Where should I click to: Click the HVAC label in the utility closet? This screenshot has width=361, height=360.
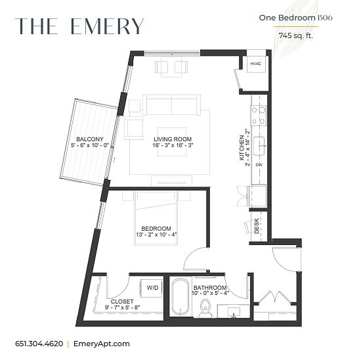[x=256, y=64]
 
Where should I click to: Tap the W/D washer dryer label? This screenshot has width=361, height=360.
[x=153, y=288]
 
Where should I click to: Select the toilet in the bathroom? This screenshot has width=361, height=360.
[x=205, y=307]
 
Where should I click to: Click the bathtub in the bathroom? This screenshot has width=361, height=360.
[x=180, y=297]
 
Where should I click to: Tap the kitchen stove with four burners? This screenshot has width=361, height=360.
[x=259, y=115]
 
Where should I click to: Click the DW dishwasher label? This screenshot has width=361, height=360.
[x=259, y=165]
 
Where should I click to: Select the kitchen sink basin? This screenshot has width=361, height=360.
[x=259, y=146]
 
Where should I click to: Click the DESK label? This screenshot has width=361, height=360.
[x=257, y=226]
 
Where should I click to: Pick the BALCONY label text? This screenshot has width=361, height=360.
[x=90, y=139]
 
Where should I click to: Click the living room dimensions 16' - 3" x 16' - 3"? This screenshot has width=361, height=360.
[x=173, y=145]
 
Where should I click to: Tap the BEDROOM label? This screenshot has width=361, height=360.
[x=156, y=229]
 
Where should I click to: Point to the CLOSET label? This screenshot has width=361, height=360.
[x=122, y=302]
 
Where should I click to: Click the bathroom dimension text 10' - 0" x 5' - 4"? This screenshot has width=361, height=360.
[x=210, y=293]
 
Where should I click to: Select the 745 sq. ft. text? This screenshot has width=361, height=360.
[x=296, y=35]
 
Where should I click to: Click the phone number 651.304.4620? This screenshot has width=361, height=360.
[x=39, y=344]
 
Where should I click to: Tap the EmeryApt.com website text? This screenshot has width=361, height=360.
[x=102, y=344]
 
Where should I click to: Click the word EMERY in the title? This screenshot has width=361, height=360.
[x=107, y=26]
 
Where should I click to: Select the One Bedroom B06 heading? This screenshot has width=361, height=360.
[x=295, y=18]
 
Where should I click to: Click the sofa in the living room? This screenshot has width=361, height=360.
[x=171, y=104]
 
